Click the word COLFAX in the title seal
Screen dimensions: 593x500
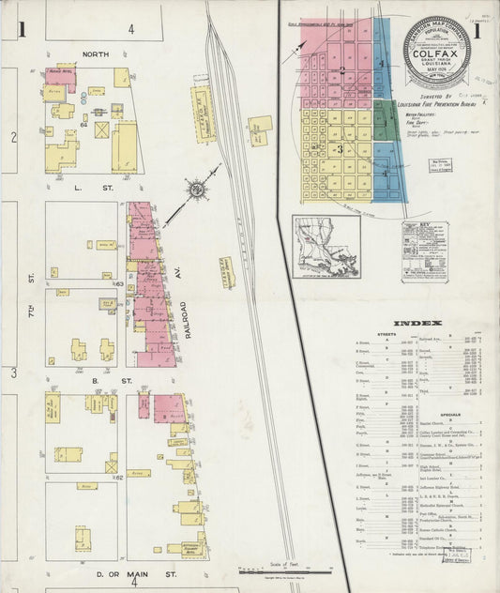click(437, 68)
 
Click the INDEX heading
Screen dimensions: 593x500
click(412, 324)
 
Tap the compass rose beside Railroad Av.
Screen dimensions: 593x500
click(197, 190)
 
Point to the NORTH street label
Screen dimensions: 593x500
click(95, 54)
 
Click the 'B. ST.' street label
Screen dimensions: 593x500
click(92, 381)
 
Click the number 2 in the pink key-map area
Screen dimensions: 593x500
click(342, 70)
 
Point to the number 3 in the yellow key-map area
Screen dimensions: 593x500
click(338, 148)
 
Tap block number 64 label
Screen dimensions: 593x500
click(83, 123)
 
